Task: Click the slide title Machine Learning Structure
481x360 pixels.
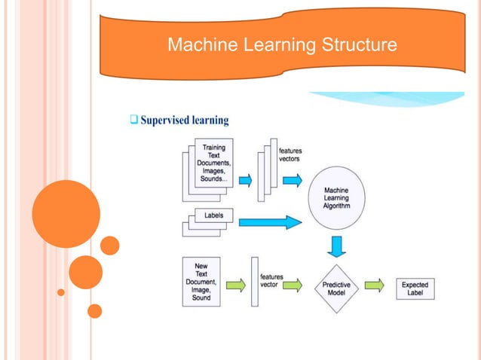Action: tap(281, 46)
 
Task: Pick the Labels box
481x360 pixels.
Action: tap(213, 215)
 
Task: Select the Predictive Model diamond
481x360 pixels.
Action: tap(335, 286)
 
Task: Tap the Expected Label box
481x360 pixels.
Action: tap(415, 287)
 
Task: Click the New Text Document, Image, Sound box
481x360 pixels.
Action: tap(201, 281)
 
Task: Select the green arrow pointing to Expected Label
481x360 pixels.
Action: tap(375, 285)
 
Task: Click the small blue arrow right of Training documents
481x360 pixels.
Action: tap(245, 180)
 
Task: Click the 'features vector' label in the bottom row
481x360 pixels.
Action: tap(271, 282)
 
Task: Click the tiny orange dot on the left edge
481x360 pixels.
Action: tap(61, 291)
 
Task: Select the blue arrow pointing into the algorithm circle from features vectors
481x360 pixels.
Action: tap(292, 179)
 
